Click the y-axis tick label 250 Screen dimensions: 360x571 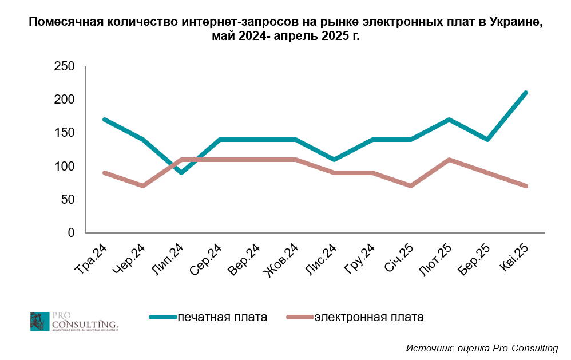tap(64, 67)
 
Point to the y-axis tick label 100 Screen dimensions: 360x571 tap(64, 167)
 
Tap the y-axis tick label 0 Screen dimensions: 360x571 tap(71, 233)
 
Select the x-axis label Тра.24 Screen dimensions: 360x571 tap(92, 259)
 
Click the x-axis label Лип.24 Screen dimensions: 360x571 tap(168, 259)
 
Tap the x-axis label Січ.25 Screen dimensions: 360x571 tap(399, 258)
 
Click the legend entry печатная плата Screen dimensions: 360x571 tap(223, 317)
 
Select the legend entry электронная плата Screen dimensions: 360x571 tap(369, 317)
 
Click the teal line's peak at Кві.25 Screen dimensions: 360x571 tap(526, 93)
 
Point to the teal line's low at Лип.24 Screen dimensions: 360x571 tap(181, 172)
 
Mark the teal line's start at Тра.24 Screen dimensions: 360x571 tap(105, 120)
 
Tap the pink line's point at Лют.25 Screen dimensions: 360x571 tap(449, 159)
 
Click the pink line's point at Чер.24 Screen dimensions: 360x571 tap(143, 185)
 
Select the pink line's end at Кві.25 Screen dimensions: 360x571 tap(526, 185)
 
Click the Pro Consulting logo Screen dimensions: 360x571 tap(74, 322)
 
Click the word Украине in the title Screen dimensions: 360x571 tap(509, 22)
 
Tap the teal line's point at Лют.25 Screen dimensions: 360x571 tap(449, 120)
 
